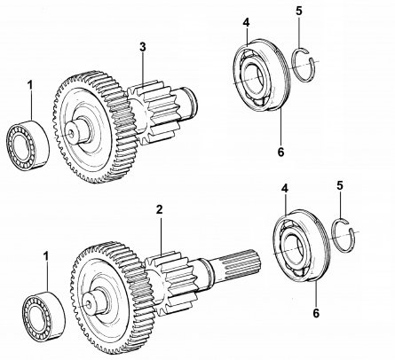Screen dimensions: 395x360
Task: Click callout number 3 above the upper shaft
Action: pos(143,47)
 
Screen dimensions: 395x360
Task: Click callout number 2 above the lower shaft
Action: pos(160,210)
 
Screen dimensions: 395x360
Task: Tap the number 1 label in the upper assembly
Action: pos(30,86)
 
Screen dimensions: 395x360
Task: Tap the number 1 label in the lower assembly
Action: pos(46,256)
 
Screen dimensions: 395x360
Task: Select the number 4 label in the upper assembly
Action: pos(246,23)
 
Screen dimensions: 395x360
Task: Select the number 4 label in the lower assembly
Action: pos(285,189)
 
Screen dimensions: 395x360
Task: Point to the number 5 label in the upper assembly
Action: pos(299,12)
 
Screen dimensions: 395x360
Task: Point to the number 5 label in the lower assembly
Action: pos(340,186)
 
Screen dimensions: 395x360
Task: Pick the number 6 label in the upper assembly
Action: pos(280,152)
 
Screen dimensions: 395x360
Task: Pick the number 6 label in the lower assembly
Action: pos(316,313)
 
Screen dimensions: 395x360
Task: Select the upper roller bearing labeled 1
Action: pos(28,145)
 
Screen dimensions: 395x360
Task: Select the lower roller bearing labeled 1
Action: pos(43,314)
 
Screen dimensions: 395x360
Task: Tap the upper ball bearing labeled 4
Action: pos(262,75)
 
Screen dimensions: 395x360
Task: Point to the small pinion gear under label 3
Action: pos(153,112)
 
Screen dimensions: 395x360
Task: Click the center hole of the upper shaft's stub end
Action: pos(71,134)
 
